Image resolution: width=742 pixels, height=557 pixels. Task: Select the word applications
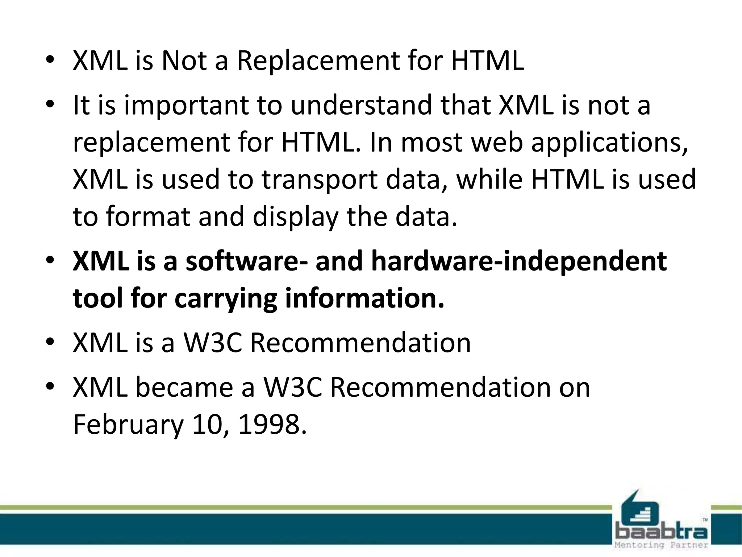[x=609, y=143]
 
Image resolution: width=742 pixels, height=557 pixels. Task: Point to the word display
[x=295, y=217]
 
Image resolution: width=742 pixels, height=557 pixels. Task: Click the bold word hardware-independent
[x=519, y=261]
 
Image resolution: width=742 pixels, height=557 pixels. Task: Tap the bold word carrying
[x=226, y=299]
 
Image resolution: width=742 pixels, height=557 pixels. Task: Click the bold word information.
[x=364, y=298]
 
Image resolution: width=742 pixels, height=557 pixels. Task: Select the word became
[x=184, y=387]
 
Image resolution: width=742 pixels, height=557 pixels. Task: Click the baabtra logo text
[x=662, y=533]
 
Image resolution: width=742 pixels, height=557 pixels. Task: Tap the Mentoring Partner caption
[x=662, y=545]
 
